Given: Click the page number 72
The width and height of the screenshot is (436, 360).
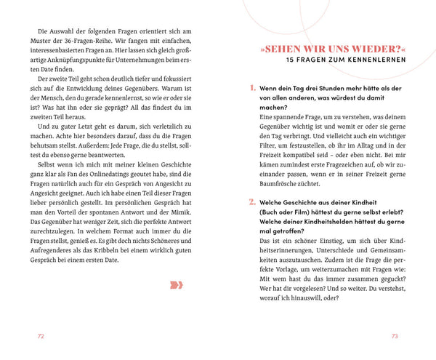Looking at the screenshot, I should (41, 336).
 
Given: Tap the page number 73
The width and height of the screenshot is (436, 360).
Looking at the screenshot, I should (395, 336).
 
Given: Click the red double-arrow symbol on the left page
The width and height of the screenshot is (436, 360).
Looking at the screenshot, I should (177, 284).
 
